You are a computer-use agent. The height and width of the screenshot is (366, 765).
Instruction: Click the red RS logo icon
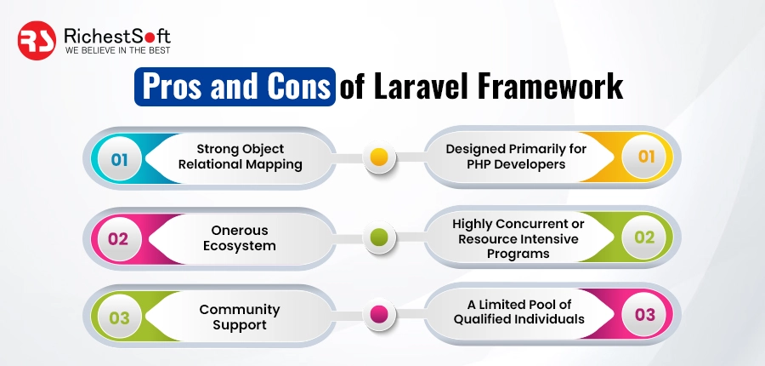(x=37, y=40)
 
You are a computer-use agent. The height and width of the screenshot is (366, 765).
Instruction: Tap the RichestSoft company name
(x=117, y=36)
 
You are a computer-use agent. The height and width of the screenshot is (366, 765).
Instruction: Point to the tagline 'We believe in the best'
(x=117, y=51)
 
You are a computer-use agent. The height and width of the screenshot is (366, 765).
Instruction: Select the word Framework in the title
(x=550, y=87)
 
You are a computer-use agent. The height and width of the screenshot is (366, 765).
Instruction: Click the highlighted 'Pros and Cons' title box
(x=235, y=87)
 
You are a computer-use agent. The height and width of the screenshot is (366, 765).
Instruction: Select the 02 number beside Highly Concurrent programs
(x=645, y=237)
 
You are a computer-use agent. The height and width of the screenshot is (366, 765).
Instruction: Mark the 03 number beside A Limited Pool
(x=645, y=315)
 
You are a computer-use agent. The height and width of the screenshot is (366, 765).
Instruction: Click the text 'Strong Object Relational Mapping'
(x=240, y=157)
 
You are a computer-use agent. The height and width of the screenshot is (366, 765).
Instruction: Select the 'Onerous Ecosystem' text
(x=240, y=237)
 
